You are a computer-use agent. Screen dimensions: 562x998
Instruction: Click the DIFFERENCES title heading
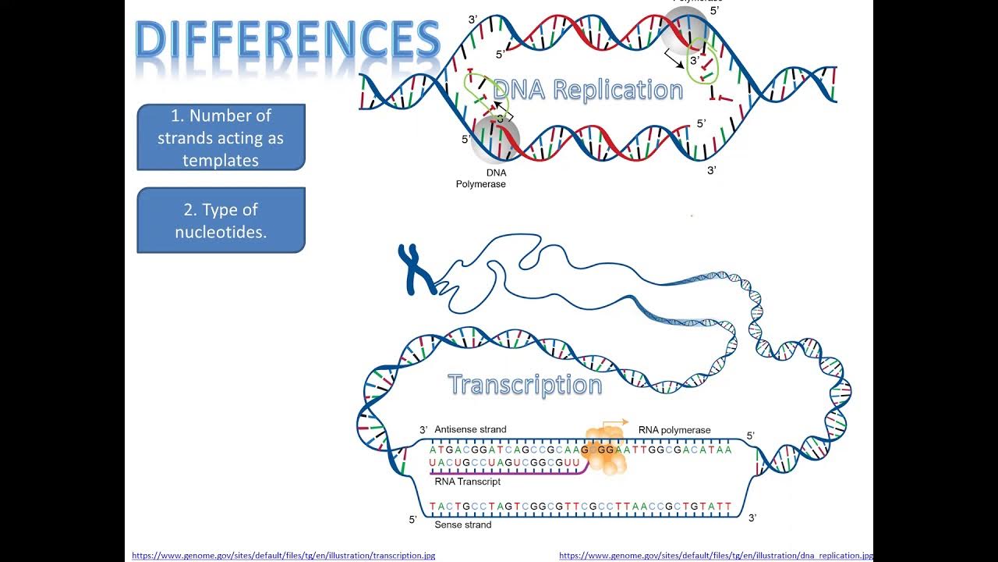pos(288,41)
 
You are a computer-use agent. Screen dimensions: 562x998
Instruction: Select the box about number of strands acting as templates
pos(221,137)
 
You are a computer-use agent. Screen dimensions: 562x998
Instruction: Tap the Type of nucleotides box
pos(221,220)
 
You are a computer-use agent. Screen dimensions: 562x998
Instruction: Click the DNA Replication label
pos(588,90)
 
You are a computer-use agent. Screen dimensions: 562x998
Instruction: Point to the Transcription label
pos(525,385)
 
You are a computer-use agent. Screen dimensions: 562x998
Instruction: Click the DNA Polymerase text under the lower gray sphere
pos(481,179)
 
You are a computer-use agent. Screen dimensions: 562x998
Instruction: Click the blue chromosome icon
pos(416,269)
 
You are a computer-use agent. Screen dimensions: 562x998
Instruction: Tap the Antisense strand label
pos(470,429)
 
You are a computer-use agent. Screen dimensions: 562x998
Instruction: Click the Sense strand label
pos(462,525)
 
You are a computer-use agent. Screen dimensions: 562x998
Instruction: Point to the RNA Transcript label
pos(467,482)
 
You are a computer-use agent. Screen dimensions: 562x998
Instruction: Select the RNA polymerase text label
pos(674,430)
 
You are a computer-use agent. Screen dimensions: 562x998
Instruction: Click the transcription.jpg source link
pos(283,555)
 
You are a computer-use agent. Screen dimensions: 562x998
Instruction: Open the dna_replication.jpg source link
pos(715,555)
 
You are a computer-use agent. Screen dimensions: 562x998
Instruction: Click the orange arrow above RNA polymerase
pos(617,422)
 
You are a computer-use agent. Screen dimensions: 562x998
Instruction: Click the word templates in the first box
pos(221,160)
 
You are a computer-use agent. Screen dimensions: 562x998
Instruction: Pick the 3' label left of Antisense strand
pos(423,430)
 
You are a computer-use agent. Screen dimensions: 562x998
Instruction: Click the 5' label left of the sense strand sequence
pos(413,519)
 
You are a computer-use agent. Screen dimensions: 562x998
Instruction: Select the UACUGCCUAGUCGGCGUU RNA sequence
pos(504,464)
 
